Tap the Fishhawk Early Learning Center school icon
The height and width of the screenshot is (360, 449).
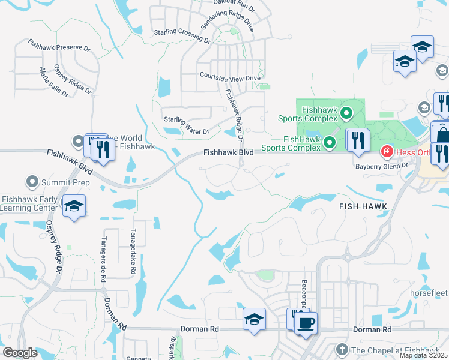[x=74, y=206]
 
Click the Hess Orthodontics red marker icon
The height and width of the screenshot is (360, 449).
[x=387, y=151]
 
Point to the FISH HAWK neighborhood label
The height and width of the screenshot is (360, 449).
[x=363, y=206]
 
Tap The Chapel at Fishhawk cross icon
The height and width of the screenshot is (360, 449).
[x=342, y=349]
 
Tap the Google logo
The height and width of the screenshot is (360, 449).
[x=20, y=353]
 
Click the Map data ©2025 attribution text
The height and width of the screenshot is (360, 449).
[x=423, y=355]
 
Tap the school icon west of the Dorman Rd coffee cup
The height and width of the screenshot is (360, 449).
[x=254, y=319]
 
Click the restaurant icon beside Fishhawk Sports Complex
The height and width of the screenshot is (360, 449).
[x=358, y=141]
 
